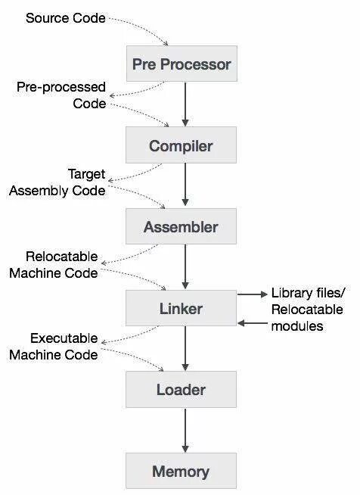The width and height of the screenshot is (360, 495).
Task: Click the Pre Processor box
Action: [x=182, y=64]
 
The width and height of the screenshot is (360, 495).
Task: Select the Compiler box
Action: [x=182, y=146]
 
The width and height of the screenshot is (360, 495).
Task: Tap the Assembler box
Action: [x=182, y=227]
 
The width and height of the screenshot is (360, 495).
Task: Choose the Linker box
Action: [x=182, y=309]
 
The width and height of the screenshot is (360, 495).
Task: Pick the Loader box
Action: [x=182, y=391]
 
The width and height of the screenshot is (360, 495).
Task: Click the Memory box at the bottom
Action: [x=182, y=472]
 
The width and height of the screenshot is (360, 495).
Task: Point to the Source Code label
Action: [x=66, y=17]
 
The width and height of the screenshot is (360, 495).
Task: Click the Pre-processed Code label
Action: [x=61, y=95]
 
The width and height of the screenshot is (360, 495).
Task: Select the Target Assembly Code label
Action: [x=57, y=182]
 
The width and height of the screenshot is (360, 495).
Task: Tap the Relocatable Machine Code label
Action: [x=54, y=264]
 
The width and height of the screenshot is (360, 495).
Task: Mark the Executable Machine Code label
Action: [x=54, y=346]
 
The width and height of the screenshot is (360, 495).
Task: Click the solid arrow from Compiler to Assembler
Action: [x=185, y=186]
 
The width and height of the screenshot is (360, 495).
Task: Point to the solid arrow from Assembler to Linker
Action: [x=185, y=268]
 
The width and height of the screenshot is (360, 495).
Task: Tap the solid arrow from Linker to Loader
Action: [x=185, y=350]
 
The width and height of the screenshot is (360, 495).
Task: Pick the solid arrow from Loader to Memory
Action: [x=185, y=431]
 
